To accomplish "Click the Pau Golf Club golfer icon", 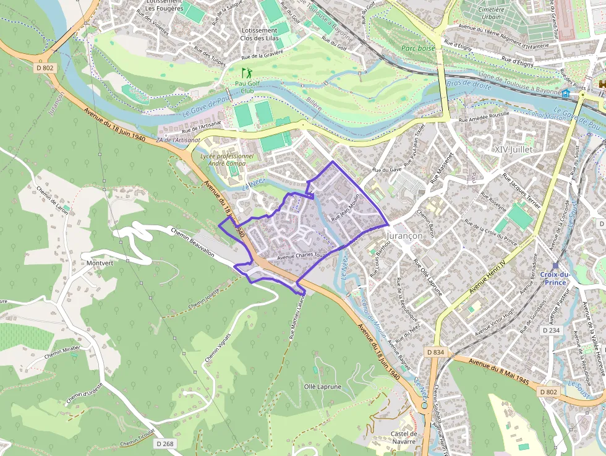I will point(247,72).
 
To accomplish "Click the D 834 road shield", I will point(435,351).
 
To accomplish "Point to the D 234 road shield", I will point(551,331).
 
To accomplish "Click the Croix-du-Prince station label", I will point(554,278).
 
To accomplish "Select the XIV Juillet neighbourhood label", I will point(513,150).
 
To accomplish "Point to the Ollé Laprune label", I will point(322,386).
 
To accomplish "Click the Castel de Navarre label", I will point(404,438).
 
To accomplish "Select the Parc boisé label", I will point(418,48).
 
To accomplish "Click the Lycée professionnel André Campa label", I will point(227,160).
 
